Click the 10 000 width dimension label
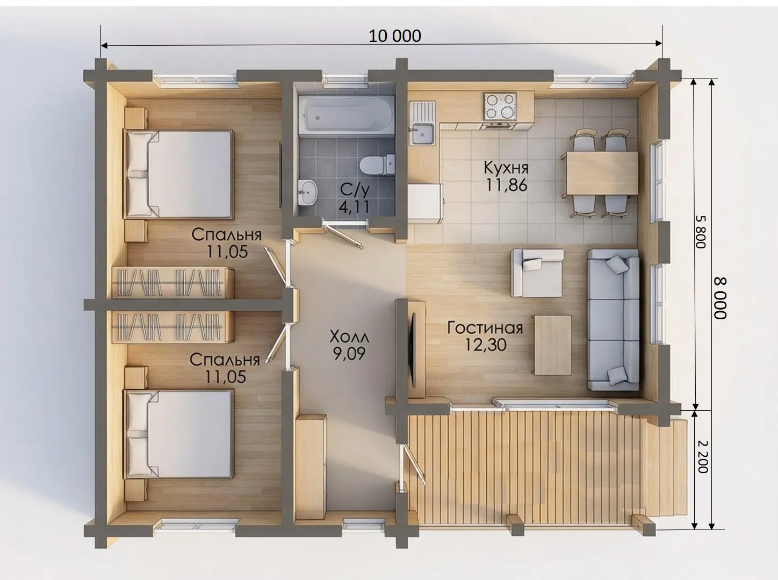[394, 36]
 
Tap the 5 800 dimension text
[701, 232]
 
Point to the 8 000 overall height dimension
[720, 298]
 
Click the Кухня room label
[506, 168]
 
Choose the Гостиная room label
[485, 328]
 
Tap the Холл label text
[349, 337]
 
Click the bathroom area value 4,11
[354, 207]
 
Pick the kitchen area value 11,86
[507, 185]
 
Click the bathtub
[347, 113]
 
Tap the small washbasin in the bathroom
[308, 192]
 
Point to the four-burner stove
[500, 106]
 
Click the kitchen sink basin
[422, 134]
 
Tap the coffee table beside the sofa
[552, 345]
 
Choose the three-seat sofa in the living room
[613, 320]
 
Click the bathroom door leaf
[344, 233]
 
